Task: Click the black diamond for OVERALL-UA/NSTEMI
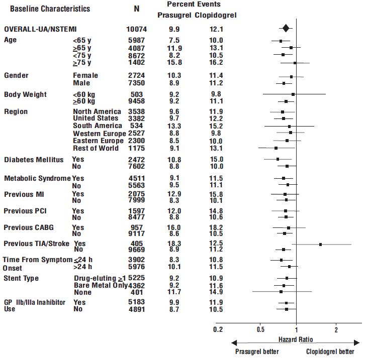coord(286,29)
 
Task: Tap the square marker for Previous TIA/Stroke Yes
coord(320,244)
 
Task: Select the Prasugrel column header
coord(174,15)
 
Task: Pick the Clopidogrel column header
coord(216,15)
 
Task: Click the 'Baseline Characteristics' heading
coord(50,9)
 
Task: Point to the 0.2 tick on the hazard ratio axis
coord(218,330)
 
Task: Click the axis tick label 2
coord(336,330)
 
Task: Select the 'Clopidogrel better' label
coord(329,351)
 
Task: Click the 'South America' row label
coord(98,126)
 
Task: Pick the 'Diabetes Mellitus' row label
coord(34,160)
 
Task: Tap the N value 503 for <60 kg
coord(137,94)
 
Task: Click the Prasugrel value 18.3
coord(174,243)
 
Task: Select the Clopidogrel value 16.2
coord(217,63)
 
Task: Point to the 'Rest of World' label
coord(96,148)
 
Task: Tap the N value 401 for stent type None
coord(137,292)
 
